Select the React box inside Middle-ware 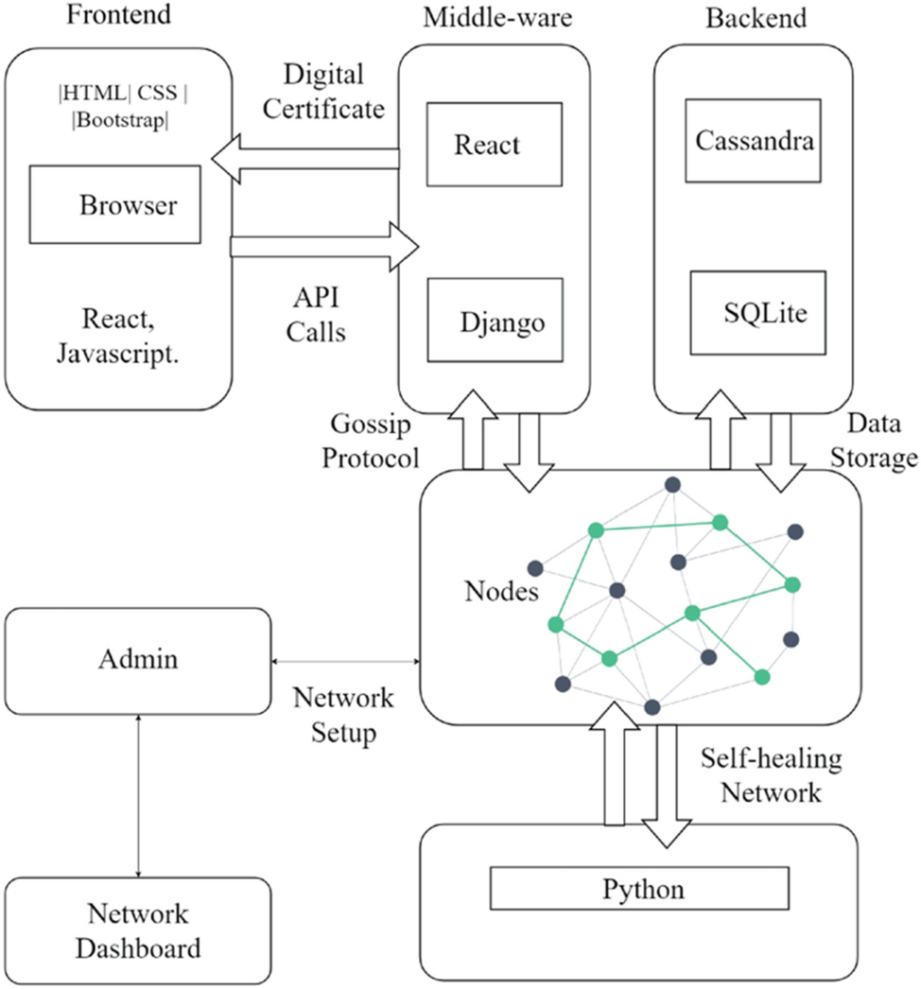pos(481,145)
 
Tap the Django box pos(495,320)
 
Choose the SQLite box pos(757,312)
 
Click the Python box pos(638,889)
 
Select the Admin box pos(137,659)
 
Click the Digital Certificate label pos(323,92)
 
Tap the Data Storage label pos(880,440)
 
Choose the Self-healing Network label pos(771,775)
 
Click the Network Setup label pos(342,716)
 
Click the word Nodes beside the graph pos(501,592)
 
